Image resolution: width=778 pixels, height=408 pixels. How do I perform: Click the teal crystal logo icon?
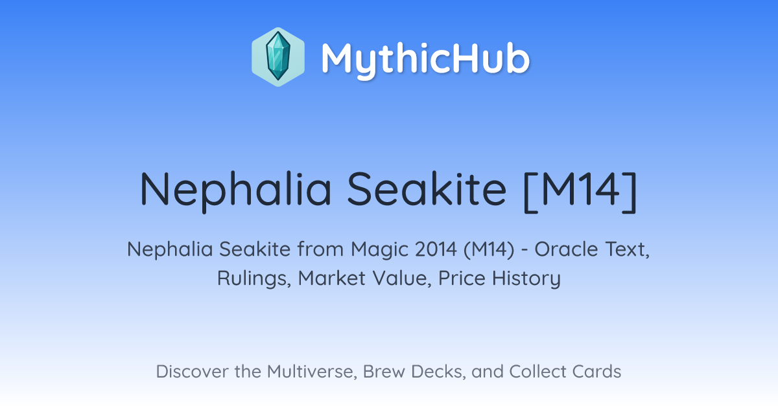[x=278, y=57]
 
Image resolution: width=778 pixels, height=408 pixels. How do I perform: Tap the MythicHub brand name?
[x=425, y=59]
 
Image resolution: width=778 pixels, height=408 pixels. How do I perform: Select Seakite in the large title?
[x=427, y=189]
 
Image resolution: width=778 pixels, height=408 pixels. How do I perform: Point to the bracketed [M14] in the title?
[x=580, y=192]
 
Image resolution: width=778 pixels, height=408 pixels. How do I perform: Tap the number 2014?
[x=436, y=249]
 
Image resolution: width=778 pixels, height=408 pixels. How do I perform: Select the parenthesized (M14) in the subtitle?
[x=489, y=249]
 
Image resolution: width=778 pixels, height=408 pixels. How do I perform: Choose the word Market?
[x=332, y=278]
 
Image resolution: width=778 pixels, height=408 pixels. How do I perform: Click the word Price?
[x=462, y=278]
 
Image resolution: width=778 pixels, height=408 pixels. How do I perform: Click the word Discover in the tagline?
[x=192, y=372]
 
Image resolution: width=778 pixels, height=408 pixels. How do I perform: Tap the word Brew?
[x=384, y=372]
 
